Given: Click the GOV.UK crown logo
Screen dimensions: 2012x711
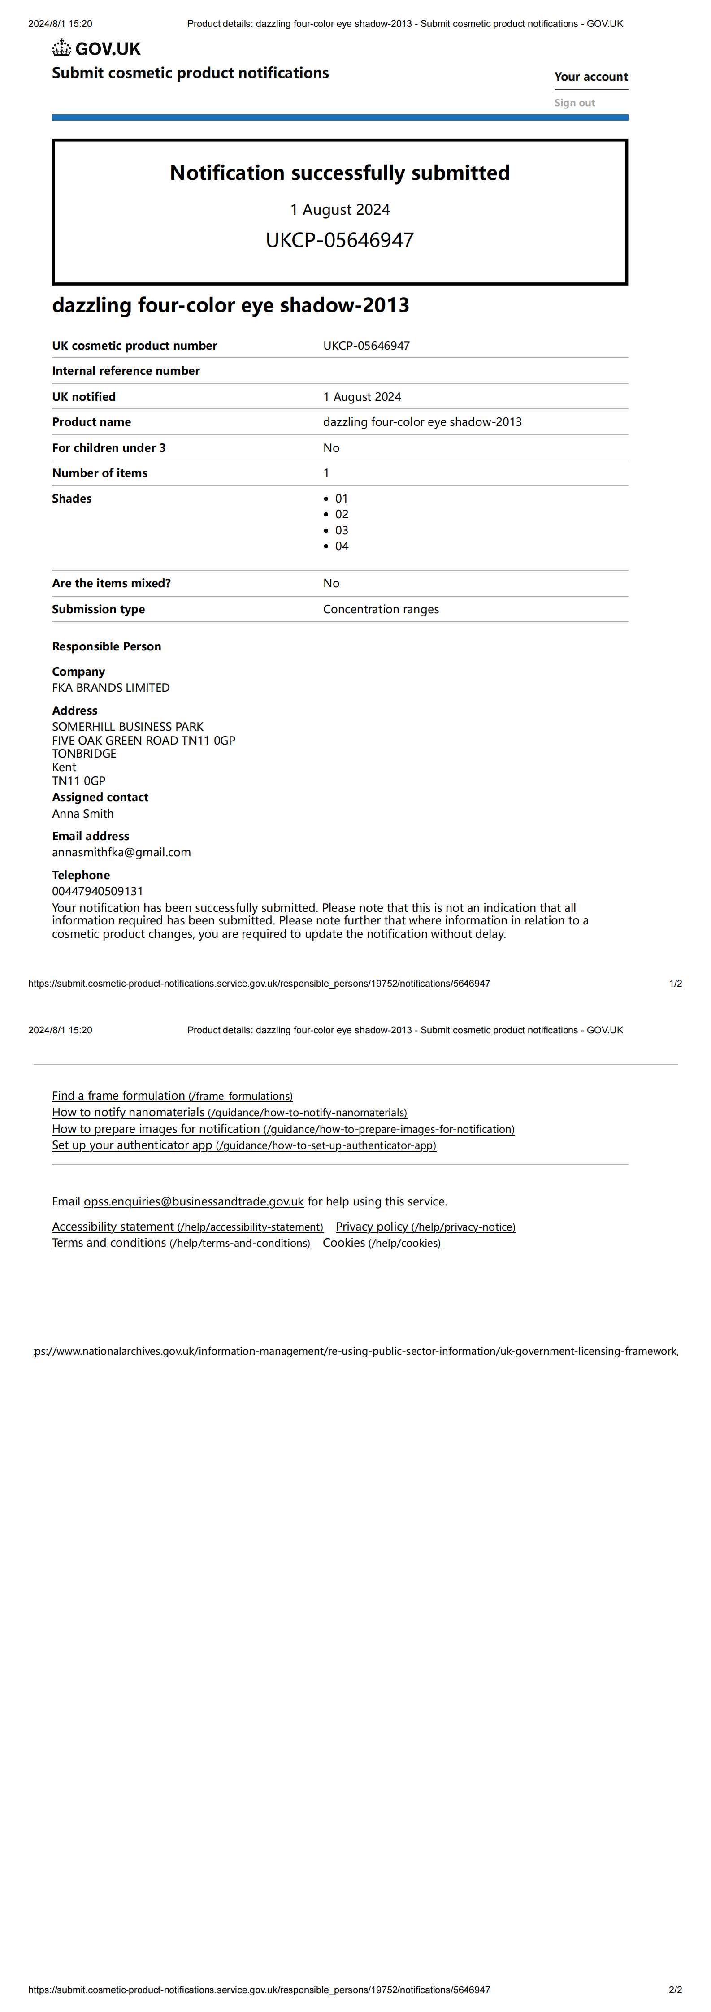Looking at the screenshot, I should [x=62, y=48].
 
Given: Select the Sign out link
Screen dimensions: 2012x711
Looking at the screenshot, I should [x=574, y=102].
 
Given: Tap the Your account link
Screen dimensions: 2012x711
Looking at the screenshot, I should [x=591, y=77].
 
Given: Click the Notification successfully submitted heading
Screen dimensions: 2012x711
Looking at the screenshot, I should [x=340, y=173].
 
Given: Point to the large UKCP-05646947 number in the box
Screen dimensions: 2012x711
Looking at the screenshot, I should [x=340, y=240].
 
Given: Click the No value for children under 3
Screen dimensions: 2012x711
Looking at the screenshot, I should [x=331, y=447].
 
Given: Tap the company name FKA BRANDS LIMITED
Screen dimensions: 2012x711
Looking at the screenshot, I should [x=111, y=687].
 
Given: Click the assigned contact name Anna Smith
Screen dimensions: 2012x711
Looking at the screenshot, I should [x=83, y=813].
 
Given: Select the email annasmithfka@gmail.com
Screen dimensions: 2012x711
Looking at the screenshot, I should [x=121, y=852].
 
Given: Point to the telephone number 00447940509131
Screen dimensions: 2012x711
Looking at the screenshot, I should [x=98, y=891].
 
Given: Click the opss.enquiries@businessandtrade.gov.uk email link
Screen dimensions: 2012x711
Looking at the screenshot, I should [x=194, y=1201].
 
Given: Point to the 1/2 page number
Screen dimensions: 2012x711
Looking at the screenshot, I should [x=675, y=983].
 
